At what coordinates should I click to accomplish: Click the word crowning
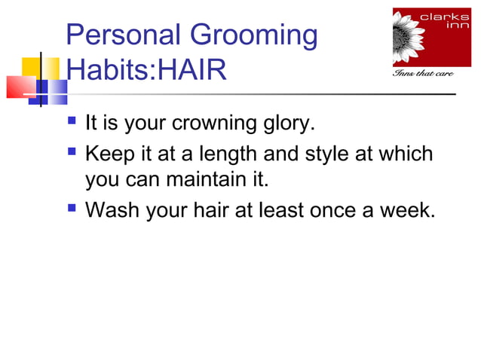(x=222, y=123)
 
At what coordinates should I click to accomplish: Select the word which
(x=408, y=154)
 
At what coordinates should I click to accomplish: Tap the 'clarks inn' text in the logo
(x=452, y=20)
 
